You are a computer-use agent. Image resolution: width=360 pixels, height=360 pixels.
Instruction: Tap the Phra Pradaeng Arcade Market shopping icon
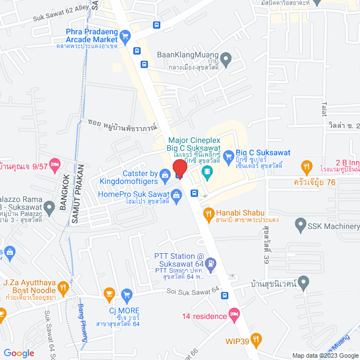click(x=125, y=38)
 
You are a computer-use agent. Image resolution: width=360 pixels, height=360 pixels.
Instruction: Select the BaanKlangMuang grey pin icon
click(x=226, y=57)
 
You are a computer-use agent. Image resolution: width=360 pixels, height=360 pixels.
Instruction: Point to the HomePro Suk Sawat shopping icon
click(x=176, y=195)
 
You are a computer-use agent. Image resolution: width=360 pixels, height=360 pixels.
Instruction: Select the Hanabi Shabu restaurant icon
click(x=209, y=214)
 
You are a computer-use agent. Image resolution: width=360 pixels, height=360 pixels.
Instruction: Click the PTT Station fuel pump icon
click(x=211, y=262)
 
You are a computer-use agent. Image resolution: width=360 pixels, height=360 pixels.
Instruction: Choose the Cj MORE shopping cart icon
click(x=127, y=294)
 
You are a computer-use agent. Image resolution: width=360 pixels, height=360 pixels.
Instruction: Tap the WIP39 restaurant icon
click(x=256, y=339)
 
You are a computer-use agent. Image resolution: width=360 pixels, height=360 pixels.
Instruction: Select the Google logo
click(x=19, y=353)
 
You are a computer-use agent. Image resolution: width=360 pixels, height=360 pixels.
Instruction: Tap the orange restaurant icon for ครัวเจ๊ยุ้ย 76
click(x=306, y=167)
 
